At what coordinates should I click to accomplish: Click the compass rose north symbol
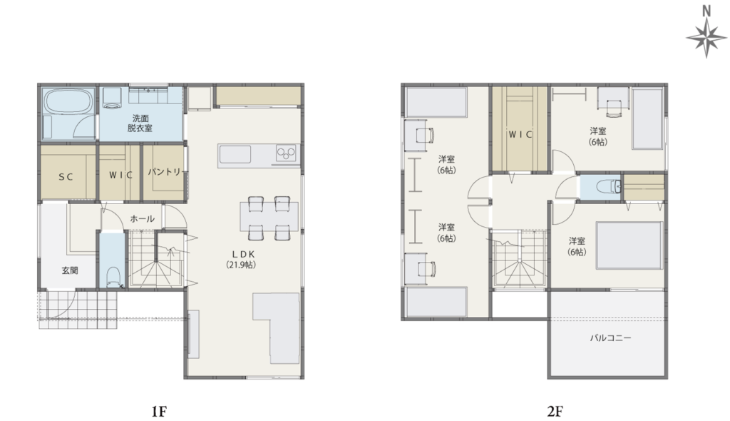point(706,31)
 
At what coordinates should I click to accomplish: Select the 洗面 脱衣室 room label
point(140,123)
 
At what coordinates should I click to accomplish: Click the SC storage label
point(66,177)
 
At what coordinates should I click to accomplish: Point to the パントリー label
point(165,172)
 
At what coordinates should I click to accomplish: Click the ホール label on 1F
point(142,218)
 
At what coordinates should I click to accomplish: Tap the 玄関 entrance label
point(70,270)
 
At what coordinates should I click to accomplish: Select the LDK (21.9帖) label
point(241,259)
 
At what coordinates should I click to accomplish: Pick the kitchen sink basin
point(235,155)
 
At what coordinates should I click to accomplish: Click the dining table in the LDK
point(269,216)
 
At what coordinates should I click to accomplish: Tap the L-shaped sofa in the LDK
point(277,328)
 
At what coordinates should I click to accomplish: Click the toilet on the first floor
point(113,278)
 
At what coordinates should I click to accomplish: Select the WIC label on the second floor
point(520,135)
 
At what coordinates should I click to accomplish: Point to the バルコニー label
point(610,338)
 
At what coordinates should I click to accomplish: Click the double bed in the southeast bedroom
point(629,245)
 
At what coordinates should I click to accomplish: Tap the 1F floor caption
point(159,411)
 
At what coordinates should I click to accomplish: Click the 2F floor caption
point(555,411)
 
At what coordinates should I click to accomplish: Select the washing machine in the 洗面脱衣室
point(112,99)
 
